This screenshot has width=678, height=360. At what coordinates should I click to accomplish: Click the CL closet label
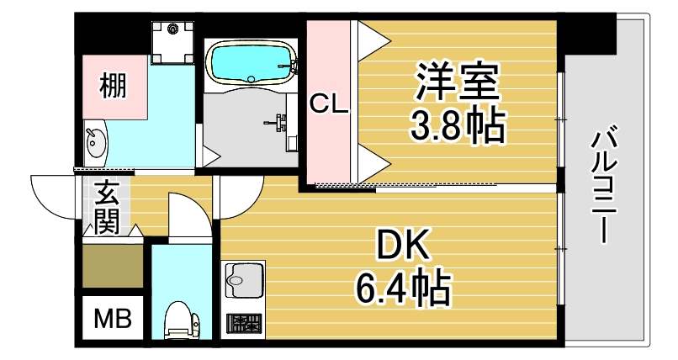[x=328, y=104]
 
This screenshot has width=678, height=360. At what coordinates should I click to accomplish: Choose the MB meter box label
[x=112, y=319]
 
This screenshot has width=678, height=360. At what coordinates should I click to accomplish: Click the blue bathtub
[x=251, y=61]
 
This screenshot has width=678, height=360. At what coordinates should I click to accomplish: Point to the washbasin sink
[x=94, y=140]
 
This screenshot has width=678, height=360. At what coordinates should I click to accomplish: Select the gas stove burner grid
[x=244, y=323]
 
